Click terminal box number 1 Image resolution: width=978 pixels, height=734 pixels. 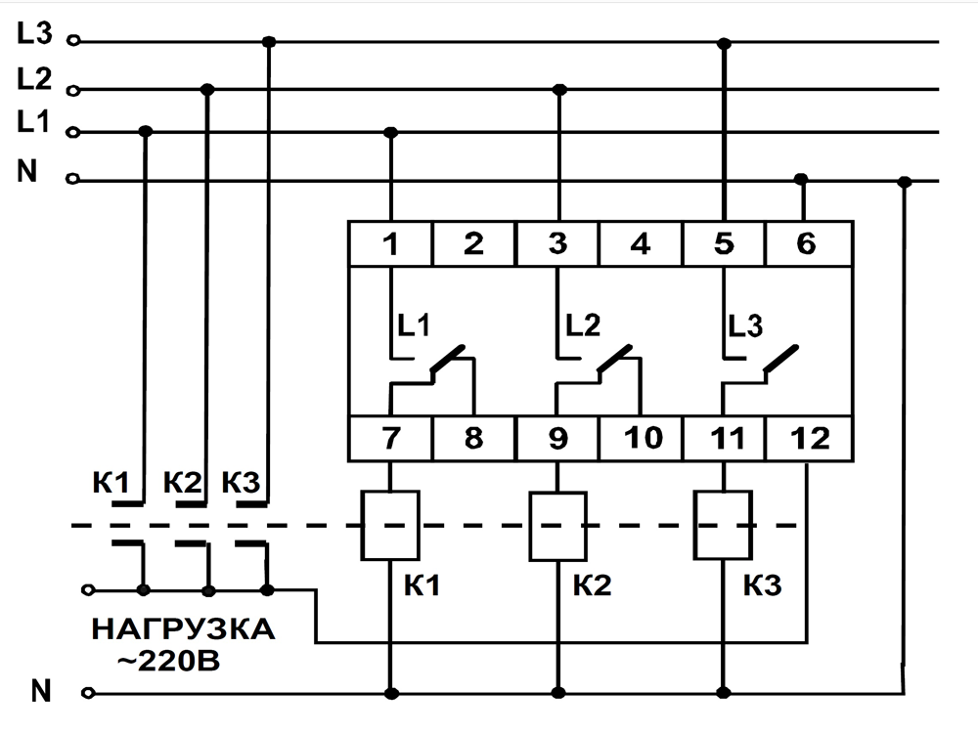[391, 243]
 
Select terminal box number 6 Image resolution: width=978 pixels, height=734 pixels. [807, 243]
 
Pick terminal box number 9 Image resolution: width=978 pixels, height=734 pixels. [557, 439]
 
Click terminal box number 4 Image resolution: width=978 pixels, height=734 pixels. [641, 243]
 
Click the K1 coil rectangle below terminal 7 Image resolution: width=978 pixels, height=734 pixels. [391, 526]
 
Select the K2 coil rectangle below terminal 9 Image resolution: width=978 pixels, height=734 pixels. [557, 526]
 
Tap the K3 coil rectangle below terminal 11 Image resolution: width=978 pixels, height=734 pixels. [723, 526]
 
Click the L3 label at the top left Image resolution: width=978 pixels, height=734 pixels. [33, 34]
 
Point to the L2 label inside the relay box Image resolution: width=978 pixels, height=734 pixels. [583, 324]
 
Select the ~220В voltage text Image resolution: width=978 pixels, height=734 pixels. [168, 660]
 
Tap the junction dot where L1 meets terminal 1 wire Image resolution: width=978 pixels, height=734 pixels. [391, 132]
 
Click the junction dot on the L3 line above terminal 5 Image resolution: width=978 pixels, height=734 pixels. [724, 43]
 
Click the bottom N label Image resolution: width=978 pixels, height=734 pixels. [40, 691]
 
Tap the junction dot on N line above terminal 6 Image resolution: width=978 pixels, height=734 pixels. [801, 180]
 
